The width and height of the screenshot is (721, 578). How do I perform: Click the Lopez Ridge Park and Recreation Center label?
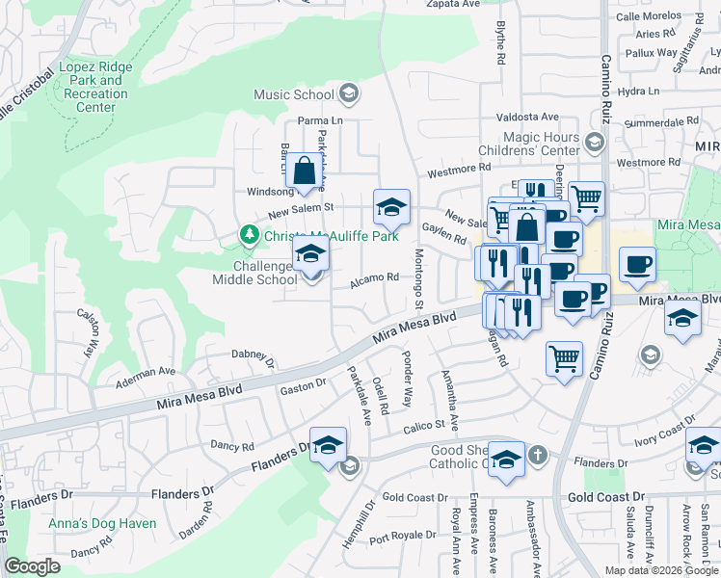[96, 88]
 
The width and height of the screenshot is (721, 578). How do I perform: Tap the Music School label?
[293, 94]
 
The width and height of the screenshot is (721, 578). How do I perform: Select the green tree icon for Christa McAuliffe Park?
[250, 235]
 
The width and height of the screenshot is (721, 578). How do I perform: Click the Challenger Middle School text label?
[254, 273]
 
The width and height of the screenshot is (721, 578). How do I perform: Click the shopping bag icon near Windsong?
[304, 171]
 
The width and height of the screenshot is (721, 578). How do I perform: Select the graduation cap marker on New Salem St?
[391, 207]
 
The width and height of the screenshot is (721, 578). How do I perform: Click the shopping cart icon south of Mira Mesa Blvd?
[564, 360]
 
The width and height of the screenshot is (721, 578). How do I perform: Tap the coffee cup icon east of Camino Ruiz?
[636, 265]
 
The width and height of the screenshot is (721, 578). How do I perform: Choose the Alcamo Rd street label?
[375, 277]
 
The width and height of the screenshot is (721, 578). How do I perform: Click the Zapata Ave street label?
[452, 5]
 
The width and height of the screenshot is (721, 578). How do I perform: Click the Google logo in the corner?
[32, 566]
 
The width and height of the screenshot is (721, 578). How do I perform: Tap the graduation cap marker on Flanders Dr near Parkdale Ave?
[328, 445]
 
